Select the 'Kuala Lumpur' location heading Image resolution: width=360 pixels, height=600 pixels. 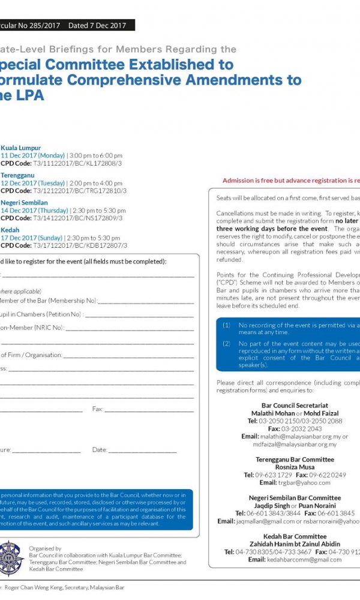21,148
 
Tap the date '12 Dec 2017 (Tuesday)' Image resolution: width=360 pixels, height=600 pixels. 33,183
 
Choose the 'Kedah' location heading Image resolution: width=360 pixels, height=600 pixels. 10,230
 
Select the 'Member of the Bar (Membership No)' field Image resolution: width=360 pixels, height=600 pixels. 48,300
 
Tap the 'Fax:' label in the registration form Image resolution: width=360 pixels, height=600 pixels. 98,409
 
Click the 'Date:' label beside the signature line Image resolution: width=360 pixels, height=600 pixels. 100,449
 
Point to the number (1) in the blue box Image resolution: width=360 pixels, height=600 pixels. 226,325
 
